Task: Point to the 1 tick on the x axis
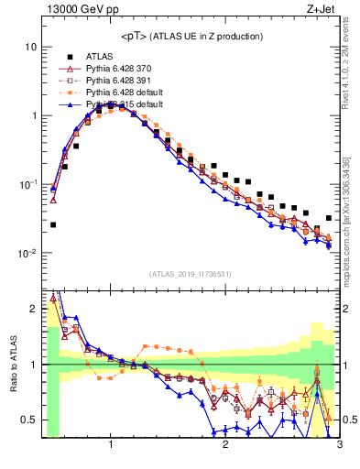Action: click(111, 444)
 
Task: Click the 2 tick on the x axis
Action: click(225, 444)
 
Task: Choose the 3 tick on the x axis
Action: click(339, 444)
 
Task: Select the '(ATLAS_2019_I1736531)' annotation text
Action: click(191, 274)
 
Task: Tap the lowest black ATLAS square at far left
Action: click(53, 224)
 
